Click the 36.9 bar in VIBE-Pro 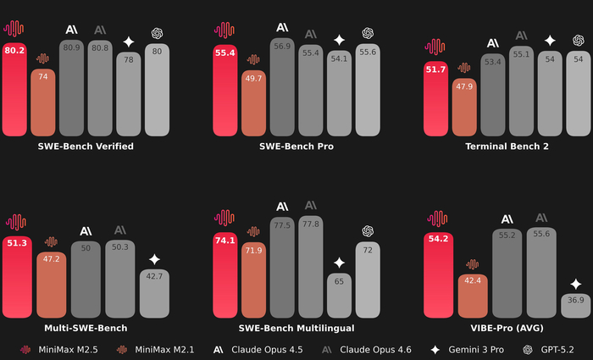[x=575, y=305]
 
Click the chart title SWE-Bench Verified [x=86, y=147]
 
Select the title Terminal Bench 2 [x=507, y=147]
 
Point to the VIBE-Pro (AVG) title [x=507, y=328]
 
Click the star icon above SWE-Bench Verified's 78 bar [x=128, y=41]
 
